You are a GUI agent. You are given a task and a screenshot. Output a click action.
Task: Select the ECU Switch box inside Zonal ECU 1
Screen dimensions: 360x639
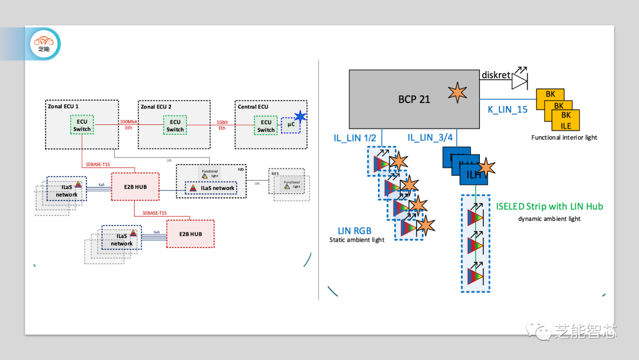coord(82,126)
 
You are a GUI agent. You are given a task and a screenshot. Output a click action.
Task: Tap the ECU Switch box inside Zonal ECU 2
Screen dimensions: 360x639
coord(175,126)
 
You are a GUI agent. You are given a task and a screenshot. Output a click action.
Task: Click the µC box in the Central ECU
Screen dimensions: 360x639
coord(291,124)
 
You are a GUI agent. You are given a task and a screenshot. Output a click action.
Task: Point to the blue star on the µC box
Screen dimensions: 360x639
coord(301,116)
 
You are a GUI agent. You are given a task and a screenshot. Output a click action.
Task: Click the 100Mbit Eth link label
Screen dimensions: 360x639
coord(128,124)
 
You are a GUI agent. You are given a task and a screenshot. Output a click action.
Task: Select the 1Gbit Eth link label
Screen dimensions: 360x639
coord(222,124)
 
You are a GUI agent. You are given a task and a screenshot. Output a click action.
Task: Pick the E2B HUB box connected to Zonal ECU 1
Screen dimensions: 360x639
coord(134,187)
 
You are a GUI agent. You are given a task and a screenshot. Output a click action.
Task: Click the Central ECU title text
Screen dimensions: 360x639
coord(253,107)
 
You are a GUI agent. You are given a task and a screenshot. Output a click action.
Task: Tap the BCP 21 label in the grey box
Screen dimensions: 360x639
coord(414,99)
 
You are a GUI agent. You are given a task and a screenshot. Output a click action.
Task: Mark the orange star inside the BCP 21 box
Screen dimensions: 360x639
coord(457,92)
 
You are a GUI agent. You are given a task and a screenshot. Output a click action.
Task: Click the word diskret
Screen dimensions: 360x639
coord(495,75)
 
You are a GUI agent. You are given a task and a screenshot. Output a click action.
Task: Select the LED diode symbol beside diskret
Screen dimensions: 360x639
coord(519,76)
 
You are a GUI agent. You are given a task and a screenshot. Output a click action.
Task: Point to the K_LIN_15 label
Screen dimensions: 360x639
coord(507,110)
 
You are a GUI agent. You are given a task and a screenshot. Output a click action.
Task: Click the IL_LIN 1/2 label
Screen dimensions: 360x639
coord(354,138)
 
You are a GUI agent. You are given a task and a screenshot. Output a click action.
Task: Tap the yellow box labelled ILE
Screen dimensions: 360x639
coord(566,125)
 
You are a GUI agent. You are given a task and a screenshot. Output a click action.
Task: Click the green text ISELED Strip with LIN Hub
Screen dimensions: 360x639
coord(549,206)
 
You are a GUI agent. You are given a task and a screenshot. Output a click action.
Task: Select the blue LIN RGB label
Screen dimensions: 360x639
coord(354,230)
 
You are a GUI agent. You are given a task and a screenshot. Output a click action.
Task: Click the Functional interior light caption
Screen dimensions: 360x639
coord(564,137)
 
